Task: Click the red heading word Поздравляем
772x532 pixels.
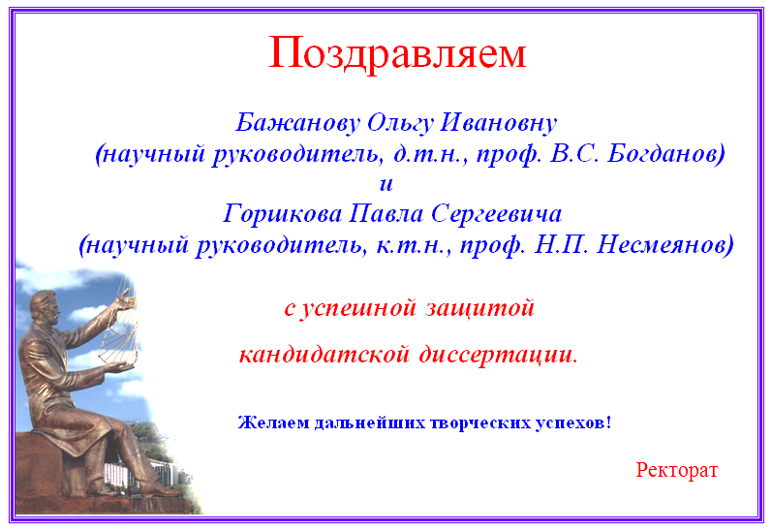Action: [x=397, y=53]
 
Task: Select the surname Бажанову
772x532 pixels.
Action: [x=298, y=123]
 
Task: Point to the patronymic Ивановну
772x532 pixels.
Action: [x=498, y=123]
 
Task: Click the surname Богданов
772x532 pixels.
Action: [x=664, y=154]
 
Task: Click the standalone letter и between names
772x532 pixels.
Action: [x=386, y=184]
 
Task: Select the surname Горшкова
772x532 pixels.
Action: [x=283, y=214]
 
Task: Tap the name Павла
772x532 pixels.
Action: [x=386, y=214]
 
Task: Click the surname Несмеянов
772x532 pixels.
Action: [x=663, y=245]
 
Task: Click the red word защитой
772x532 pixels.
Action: [x=480, y=308]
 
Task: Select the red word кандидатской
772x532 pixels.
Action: [x=324, y=355]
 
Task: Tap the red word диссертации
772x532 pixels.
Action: [x=498, y=355]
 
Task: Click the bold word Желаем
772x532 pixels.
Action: [x=274, y=422]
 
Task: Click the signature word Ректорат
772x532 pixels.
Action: [x=677, y=470]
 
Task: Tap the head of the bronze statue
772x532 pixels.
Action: [x=46, y=307]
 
